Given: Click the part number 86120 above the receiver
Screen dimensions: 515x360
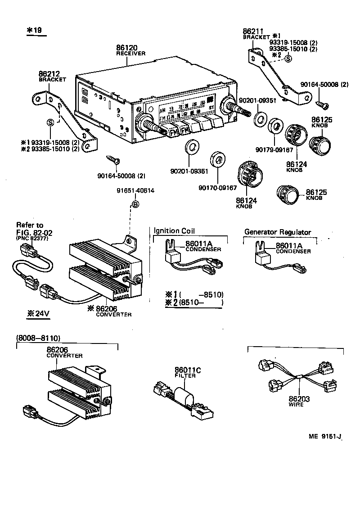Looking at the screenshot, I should coord(127,47).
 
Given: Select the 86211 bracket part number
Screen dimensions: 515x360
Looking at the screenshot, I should coord(253,31).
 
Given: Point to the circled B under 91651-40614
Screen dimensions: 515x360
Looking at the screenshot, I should coord(135,205).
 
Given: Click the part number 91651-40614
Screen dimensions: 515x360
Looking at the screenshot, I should coord(135,190).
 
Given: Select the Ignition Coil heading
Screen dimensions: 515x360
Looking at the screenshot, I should coord(174,231).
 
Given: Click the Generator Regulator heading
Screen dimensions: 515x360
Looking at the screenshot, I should coord(277,232).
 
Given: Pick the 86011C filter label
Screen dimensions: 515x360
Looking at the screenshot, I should coord(188,370).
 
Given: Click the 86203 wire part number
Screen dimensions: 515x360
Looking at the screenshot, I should coord(299,399).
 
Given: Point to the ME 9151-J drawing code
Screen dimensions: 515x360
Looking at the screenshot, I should coord(325,436).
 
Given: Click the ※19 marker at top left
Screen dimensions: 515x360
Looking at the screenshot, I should coord(34,30).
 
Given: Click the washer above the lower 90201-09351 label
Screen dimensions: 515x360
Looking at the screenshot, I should coord(192,147).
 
